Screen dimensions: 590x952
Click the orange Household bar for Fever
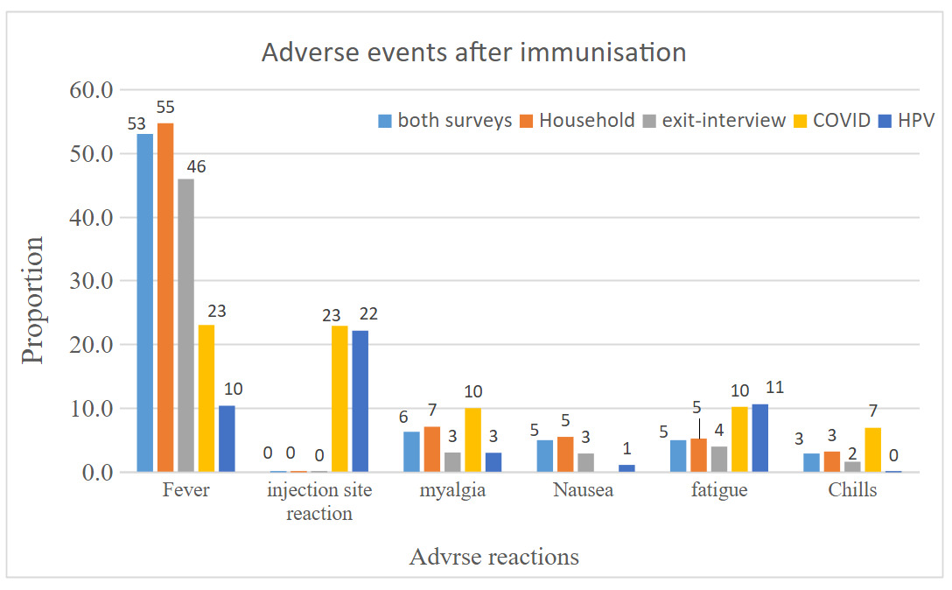(165, 298)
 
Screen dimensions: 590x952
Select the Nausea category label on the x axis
(584, 490)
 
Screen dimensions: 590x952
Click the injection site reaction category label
(318, 502)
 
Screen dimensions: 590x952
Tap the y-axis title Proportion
(33, 300)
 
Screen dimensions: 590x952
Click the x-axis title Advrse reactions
(493, 557)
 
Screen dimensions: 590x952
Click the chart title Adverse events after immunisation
(474, 53)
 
